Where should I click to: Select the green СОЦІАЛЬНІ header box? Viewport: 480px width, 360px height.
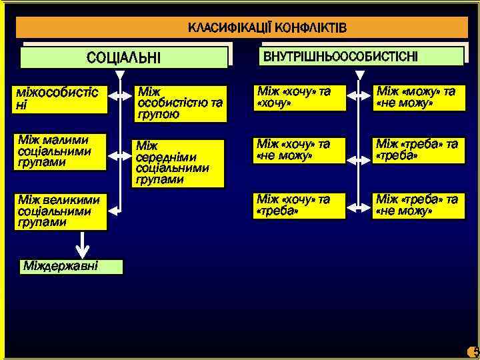click(124, 57)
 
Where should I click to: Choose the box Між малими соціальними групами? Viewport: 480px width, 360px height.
click(61, 151)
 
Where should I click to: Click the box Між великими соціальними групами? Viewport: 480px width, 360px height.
click(61, 211)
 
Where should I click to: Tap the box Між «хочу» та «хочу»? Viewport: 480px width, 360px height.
click(299, 97)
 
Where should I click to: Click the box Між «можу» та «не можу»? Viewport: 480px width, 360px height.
click(418, 97)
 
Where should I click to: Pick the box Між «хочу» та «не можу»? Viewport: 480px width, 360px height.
click(299, 151)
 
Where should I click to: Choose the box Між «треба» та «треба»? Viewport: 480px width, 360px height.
click(418, 151)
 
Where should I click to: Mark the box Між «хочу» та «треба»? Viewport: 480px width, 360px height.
click(299, 205)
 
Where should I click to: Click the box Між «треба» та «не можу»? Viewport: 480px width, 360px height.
click(418, 205)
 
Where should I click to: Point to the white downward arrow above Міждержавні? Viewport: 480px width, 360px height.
click(81, 245)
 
